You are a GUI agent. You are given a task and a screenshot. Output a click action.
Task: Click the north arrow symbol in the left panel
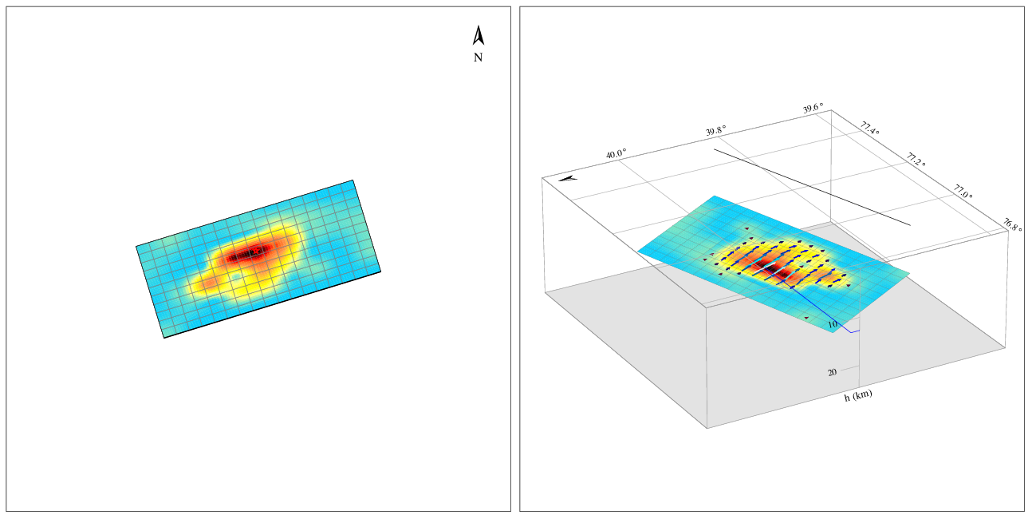coord(479,36)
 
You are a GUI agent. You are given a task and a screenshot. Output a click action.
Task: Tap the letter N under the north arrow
coord(478,57)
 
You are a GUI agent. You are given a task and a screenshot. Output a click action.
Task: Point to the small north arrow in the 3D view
coord(568,178)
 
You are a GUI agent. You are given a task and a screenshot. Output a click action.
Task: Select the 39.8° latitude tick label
coord(715,131)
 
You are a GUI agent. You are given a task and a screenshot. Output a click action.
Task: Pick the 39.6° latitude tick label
coord(813,109)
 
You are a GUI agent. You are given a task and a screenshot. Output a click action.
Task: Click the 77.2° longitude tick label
coord(917,160)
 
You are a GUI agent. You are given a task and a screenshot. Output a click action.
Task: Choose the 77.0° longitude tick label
coord(963,191)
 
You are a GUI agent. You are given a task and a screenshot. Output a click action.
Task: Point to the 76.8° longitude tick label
coord(1013,224)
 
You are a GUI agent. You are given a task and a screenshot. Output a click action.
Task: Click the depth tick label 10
coord(832,324)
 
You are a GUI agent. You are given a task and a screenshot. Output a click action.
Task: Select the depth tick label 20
coord(832,372)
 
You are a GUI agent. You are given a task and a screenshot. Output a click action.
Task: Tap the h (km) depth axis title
coord(858,396)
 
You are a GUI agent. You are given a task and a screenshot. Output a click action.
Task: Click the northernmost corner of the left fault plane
coord(353,180)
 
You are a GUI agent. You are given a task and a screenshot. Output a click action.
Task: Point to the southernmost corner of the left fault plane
coord(164,338)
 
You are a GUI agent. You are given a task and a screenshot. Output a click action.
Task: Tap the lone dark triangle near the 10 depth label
coord(806,318)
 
